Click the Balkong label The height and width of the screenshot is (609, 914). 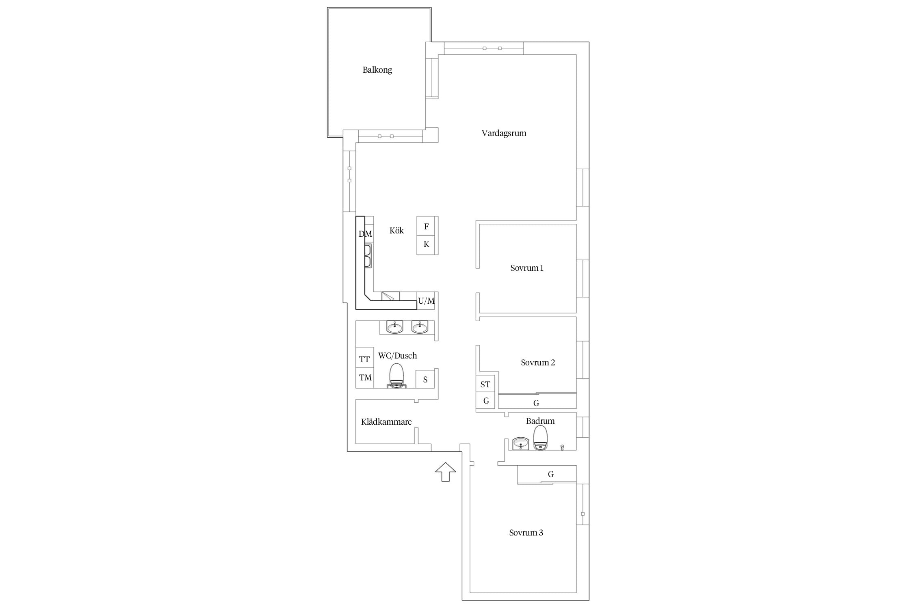click(x=377, y=70)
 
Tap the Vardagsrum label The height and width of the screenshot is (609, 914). click(x=504, y=133)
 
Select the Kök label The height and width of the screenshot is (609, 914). click(x=396, y=231)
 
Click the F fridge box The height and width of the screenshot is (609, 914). click(x=427, y=226)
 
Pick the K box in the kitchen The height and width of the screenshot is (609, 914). click(x=427, y=245)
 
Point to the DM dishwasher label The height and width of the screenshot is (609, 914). click(x=366, y=234)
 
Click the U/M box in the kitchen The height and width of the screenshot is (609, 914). click(x=426, y=301)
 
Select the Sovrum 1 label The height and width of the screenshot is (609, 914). click(x=527, y=268)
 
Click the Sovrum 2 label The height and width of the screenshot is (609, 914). click(x=538, y=363)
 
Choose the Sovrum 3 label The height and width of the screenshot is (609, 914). click(x=526, y=533)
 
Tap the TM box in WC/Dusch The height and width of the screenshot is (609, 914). click(x=365, y=378)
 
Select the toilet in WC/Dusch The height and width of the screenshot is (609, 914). click(x=397, y=376)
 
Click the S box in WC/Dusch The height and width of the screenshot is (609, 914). click(x=425, y=379)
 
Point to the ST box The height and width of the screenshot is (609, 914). click(x=485, y=384)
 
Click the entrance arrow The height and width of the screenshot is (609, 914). click(x=445, y=472)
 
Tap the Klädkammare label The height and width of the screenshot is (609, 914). click(x=386, y=422)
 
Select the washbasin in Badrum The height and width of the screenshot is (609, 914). click(x=520, y=443)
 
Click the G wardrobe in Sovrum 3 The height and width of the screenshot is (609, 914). click(x=547, y=474)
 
